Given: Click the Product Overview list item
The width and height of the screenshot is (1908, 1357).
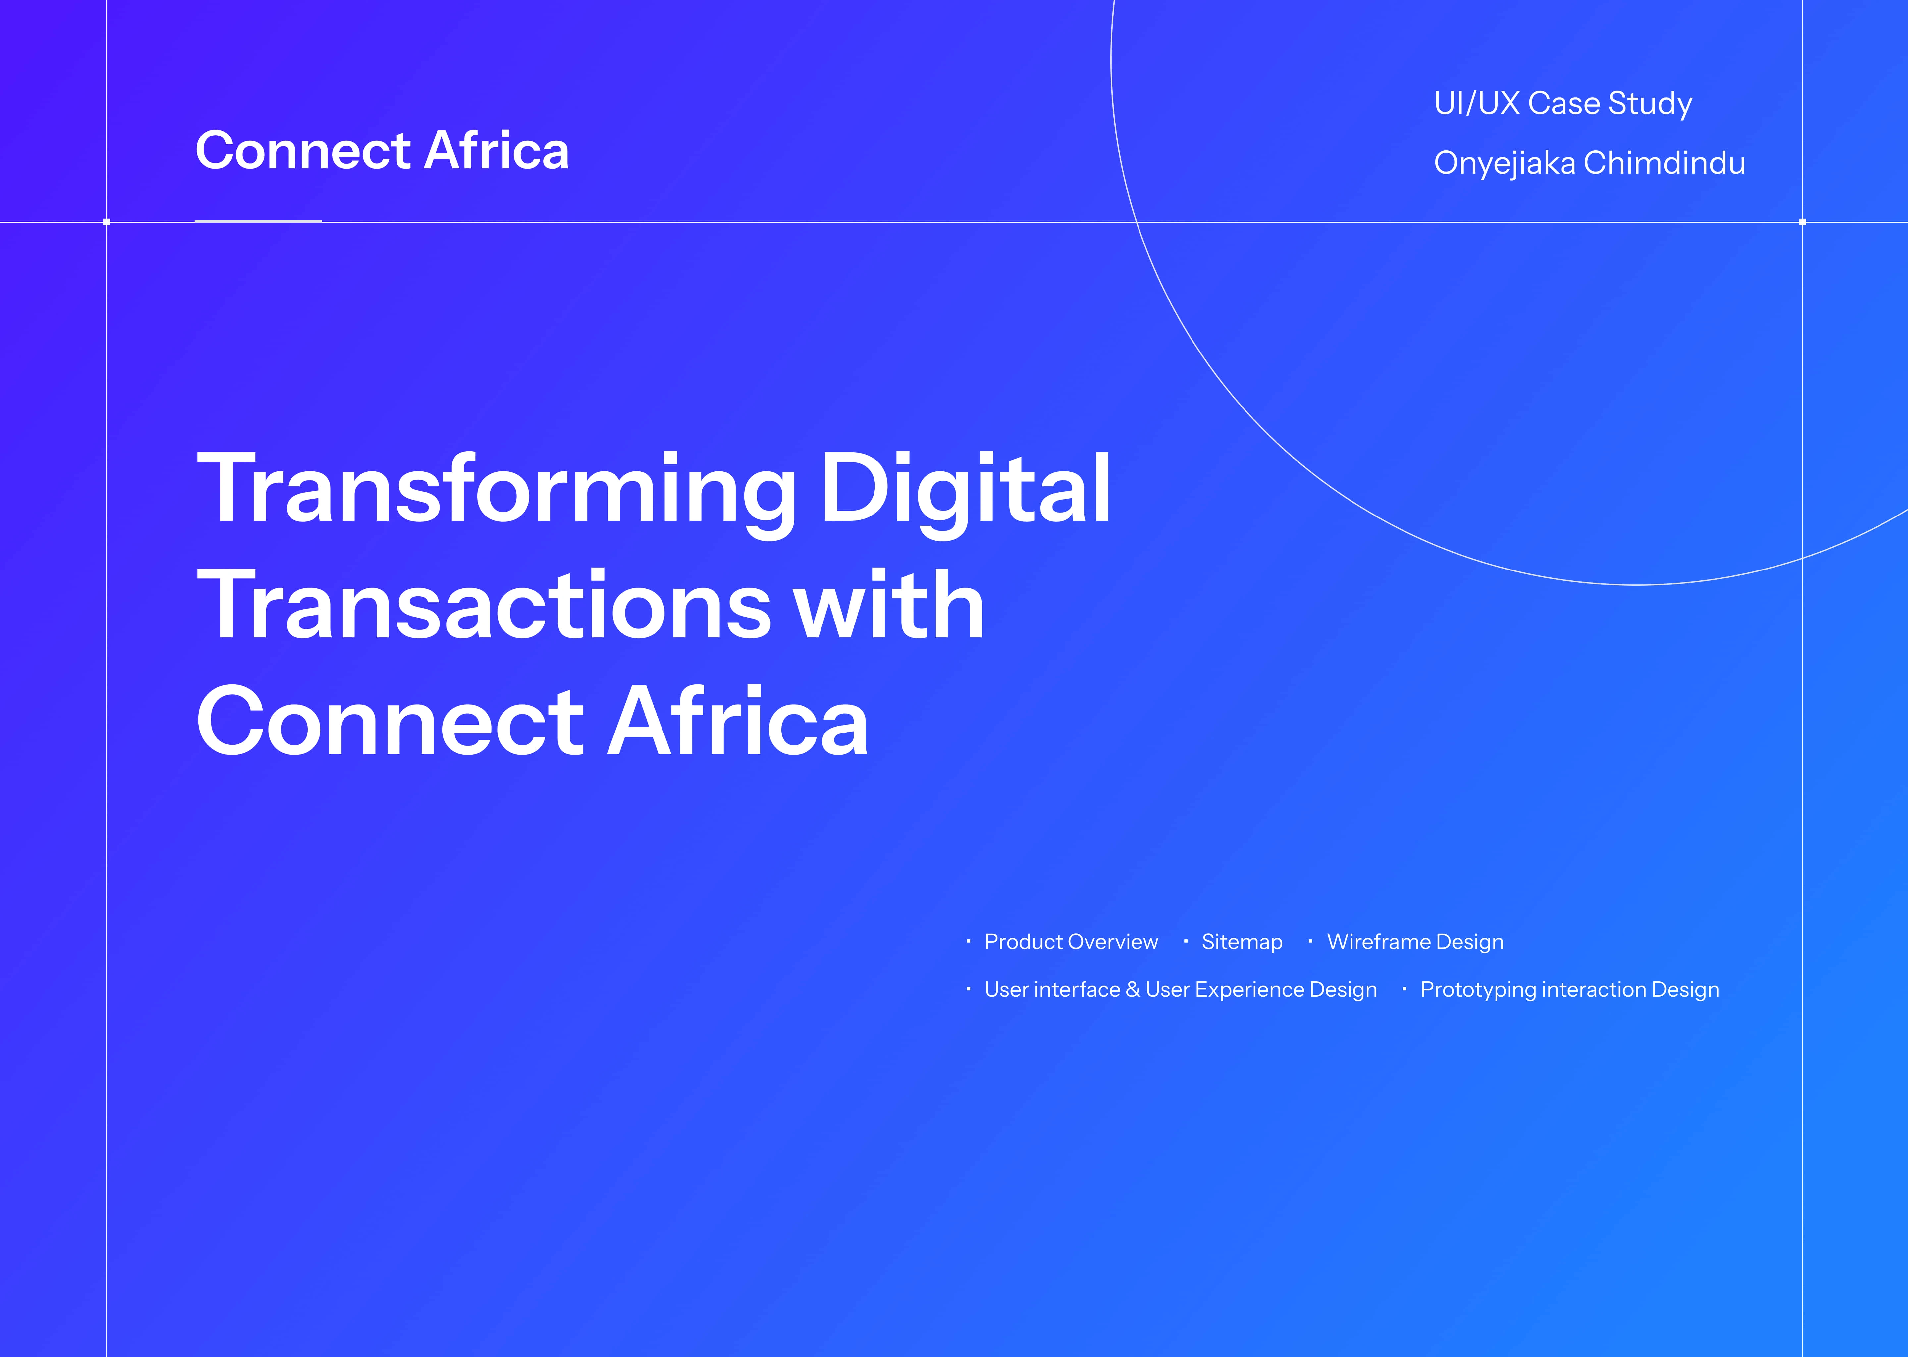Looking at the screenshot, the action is coord(1071,942).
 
